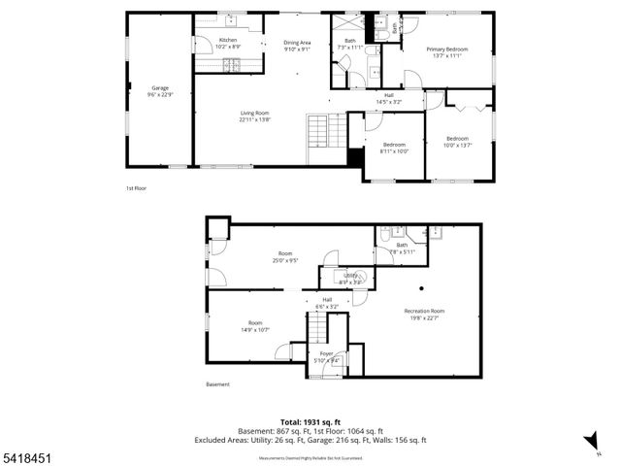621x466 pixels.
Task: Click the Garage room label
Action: tap(158, 88)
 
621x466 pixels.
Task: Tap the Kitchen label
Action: tap(227, 40)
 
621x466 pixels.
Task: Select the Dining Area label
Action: tap(297, 43)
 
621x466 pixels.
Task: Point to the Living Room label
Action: tap(255, 114)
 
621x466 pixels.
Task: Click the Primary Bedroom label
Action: tap(449, 49)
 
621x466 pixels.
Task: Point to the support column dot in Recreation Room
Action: tap(421, 288)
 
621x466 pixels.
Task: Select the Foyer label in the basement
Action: tap(326, 354)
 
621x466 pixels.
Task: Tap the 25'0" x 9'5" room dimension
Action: tap(284, 260)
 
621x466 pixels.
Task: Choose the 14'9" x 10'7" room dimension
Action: tap(255, 329)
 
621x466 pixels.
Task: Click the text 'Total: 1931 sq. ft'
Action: tap(310, 421)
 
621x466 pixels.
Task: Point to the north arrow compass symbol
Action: tap(589, 441)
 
